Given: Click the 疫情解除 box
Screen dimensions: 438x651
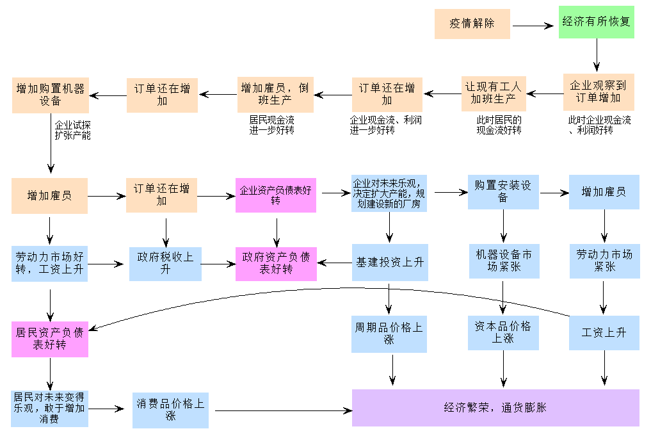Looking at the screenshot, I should point(472,24).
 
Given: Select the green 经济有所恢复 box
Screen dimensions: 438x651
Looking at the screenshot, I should point(597,22).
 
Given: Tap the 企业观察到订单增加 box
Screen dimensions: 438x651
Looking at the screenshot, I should point(599,92).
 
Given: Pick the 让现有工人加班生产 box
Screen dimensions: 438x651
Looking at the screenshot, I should point(494,93).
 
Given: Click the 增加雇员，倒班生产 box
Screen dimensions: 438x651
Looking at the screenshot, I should point(275,94).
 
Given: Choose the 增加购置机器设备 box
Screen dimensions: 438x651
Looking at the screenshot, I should point(50,95).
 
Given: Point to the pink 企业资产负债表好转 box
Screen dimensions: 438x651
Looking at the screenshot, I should point(276,195).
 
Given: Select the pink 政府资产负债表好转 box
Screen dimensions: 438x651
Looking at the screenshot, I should point(276,263).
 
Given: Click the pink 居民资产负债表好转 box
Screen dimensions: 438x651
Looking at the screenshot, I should point(50,339).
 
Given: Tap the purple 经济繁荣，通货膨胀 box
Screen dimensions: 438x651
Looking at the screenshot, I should point(495,407).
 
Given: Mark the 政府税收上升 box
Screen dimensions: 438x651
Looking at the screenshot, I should point(165,263).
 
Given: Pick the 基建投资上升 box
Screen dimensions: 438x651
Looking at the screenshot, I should point(390,263).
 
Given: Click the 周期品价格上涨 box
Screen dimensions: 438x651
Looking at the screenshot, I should point(389,334).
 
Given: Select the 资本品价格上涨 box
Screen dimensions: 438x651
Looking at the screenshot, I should point(502,332).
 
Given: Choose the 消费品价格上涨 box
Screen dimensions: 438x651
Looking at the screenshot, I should point(170,410).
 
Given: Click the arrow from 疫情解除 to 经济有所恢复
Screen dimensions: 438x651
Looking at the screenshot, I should point(533,26).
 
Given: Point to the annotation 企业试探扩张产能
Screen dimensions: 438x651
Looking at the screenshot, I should point(72,130).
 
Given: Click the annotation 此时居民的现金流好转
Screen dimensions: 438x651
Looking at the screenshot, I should point(499,125).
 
